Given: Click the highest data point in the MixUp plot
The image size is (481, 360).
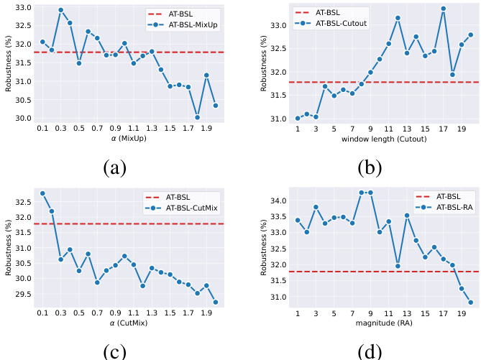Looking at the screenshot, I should point(60,10).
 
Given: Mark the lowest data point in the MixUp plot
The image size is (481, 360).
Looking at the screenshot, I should point(197,117).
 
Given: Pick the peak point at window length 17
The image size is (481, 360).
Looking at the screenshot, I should point(444,9).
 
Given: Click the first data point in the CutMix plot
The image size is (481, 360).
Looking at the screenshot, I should point(42,193).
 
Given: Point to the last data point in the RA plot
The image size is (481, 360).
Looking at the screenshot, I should point(471,303).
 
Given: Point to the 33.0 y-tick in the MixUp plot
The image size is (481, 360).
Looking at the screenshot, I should point(24,7).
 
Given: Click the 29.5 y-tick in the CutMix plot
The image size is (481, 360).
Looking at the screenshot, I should point(24,294).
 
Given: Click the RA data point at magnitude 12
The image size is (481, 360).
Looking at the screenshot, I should point(398,266).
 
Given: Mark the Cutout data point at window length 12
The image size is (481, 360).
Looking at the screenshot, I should point(398,17).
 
